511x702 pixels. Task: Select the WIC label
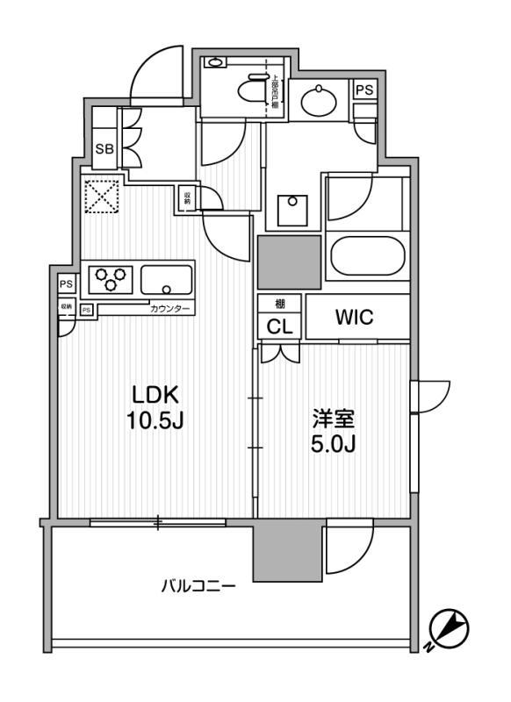[x=354, y=318]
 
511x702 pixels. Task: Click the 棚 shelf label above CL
[x=279, y=304]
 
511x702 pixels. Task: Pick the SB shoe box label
[x=104, y=149]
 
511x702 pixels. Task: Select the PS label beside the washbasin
[x=363, y=90]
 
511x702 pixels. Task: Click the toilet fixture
[x=254, y=90]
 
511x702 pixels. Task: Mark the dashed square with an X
[x=101, y=197]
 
